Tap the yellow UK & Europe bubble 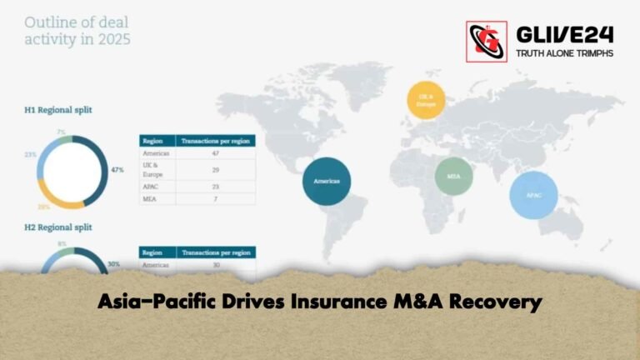[x=425, y=100]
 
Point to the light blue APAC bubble [x=534, y=195]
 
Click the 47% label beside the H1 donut [x=117, y=169]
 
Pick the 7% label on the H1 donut [x=61, y=132]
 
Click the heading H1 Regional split [x=58, y=109]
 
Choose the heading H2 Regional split [x=58, y=227]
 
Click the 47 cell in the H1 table [x=215, y=154]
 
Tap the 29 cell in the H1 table [x=215, y=170]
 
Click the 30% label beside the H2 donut [x=113, y=264]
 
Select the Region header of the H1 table [x=152, y=141]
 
